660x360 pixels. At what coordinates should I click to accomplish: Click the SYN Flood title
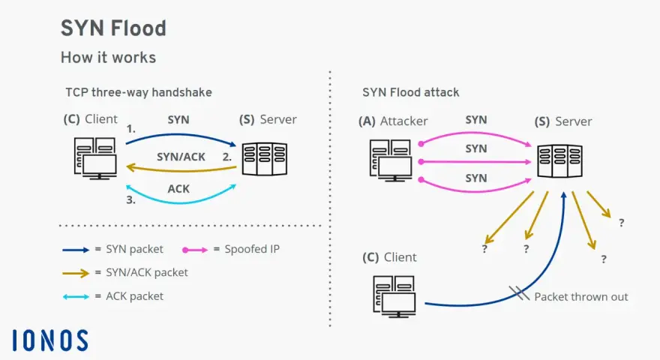(114, 28)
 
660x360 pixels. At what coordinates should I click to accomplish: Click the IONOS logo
(50, 340)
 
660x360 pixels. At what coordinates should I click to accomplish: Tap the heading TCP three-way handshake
(139, 92)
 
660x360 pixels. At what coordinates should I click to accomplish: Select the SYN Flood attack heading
(411, 92)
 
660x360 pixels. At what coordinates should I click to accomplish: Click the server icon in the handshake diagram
(264, 159)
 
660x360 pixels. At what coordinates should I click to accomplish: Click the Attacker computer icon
(391, 160)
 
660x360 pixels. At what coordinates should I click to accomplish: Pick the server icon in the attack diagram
(559, 160)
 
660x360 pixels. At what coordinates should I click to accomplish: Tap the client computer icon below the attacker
(394, 296)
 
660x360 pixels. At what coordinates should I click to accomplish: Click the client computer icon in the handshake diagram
(95, 158)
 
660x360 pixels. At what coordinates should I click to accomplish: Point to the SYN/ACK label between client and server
(181, 157)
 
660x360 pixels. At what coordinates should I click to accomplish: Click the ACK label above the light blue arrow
(178, 189)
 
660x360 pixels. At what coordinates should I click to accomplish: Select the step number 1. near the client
(131, 129)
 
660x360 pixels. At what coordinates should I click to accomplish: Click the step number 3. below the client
(131, 200)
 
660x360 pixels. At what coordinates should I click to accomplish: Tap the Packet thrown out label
(580, 297)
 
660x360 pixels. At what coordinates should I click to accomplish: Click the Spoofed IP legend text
(252, 249)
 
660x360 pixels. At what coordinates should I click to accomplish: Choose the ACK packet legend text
(134, 296)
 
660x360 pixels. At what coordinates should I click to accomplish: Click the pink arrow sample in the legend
(195, 250)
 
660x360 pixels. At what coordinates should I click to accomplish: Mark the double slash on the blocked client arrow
(519, 293)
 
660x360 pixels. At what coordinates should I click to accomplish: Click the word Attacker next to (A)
(404, 121)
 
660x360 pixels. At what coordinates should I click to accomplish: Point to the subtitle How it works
(108, 57)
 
